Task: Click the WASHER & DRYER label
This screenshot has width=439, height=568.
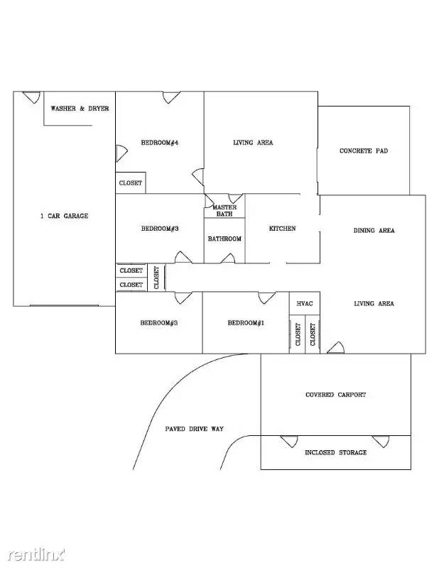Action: [80, 109]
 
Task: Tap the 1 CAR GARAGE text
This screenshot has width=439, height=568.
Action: [64, 216]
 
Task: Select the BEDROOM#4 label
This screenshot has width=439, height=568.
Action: [160, 143]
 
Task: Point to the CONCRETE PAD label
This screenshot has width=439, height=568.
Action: [364, 151]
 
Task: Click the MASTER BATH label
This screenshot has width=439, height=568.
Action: [224, 210]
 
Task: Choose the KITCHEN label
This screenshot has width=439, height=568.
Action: [283, 229]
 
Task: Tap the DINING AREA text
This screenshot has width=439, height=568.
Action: [374, 230]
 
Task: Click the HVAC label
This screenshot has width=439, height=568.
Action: [305, 304]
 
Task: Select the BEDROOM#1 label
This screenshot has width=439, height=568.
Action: [246, 323]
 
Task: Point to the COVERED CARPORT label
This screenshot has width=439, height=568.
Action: [336, 395]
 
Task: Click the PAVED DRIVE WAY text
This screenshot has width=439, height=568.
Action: [195, 429]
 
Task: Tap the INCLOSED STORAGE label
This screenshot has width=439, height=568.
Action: [336, 452]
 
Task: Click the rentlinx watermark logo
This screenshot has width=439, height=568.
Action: [36, 555]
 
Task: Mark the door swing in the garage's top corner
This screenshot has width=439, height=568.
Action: [31, 97]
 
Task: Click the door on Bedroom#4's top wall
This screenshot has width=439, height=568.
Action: [171, 97]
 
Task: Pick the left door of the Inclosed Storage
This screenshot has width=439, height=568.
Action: [289, 441]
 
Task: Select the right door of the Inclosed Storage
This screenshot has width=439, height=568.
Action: [381, 441]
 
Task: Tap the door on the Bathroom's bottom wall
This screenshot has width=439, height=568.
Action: [228, 258]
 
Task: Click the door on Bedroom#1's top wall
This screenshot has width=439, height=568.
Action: [267, 297]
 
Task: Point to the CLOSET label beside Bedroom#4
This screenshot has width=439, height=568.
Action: [131, 183]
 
